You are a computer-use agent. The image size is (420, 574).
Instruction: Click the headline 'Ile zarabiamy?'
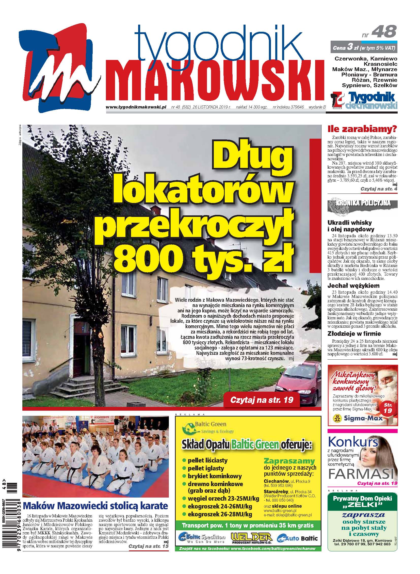pos(362,130)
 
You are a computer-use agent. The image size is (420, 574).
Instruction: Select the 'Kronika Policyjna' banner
pos(363,203)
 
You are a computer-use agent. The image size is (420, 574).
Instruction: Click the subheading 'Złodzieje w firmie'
pos(354,334)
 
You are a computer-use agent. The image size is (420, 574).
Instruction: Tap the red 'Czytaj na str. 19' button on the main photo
pos(262,400)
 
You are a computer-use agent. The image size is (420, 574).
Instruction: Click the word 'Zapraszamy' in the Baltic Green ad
pos(289,460)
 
